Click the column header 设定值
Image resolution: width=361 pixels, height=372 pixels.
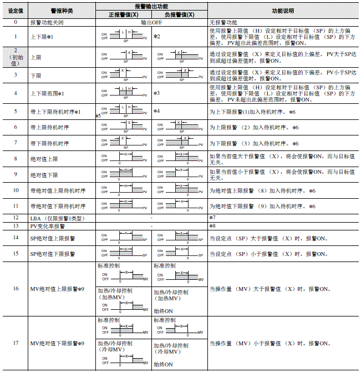coord(15,11)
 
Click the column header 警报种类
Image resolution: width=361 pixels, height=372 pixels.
coord(62,11)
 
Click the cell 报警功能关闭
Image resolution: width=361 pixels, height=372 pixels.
coord(48,22)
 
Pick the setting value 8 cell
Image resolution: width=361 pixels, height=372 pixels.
coord(15,158)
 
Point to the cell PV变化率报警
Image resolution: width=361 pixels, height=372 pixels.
coord(48,226)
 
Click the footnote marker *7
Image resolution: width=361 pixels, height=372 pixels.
coord(212,218)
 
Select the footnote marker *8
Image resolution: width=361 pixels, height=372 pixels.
coord(212,226)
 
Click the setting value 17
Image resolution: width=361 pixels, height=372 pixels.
coord(15,344)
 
